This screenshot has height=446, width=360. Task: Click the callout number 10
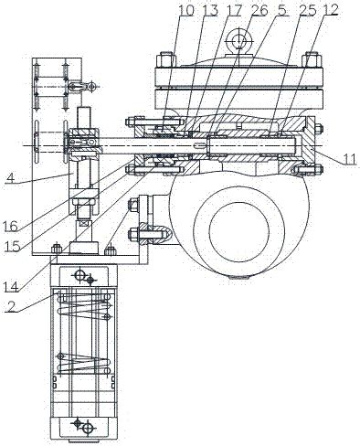click(185, 10)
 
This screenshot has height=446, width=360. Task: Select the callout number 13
click(210, 10)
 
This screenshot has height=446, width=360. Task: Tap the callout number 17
click(233, 10)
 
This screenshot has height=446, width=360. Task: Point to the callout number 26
click(259, 10)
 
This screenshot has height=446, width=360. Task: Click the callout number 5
click(281, 10)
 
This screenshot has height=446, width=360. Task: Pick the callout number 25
click(306, 10)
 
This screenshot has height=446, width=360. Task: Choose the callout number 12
click(331, 10)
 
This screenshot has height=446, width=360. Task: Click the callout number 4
click(10, 177)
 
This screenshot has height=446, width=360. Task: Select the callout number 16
click(11, 226)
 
